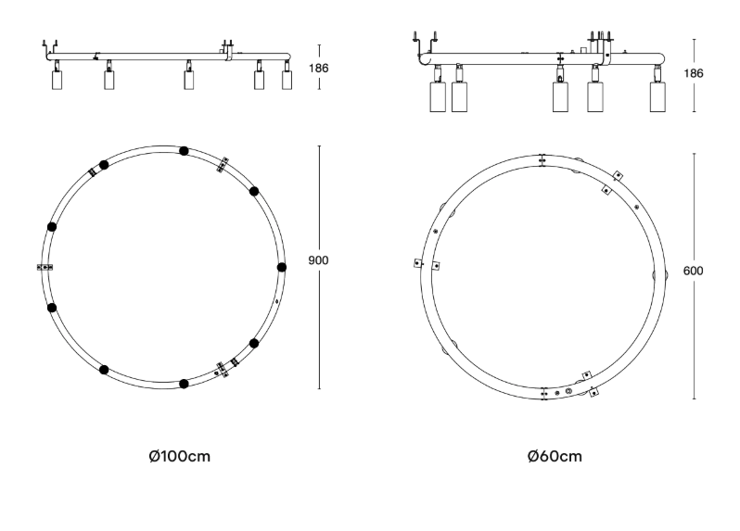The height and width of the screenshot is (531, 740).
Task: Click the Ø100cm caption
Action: [179, 456]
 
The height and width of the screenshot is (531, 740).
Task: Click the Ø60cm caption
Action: [555, 456]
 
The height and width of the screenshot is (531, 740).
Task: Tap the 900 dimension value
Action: [318, 260]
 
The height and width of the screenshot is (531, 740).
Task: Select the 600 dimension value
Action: [693, 271]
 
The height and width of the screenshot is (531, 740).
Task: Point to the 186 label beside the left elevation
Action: [319, 68]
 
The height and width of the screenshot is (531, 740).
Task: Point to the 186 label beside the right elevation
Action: [694, 73]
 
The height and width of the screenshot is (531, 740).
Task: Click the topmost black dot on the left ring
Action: [184, 151]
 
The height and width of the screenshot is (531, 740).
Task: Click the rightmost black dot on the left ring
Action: [282, 268]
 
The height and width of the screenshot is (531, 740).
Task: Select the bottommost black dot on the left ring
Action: [184, 384]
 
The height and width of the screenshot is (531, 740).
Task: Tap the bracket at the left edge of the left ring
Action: [45, 268]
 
